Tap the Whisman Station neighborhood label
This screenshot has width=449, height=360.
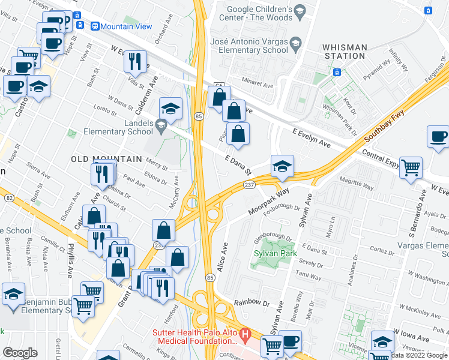[343, 51]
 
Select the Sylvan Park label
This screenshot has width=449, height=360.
[273, 262]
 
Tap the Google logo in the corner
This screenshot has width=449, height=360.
[20, 353]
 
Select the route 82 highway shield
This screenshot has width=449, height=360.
[8, 197]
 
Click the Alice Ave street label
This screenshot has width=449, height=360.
[223, 257]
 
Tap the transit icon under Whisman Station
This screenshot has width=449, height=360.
[337, 72]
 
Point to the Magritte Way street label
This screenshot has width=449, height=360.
[357, 181]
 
